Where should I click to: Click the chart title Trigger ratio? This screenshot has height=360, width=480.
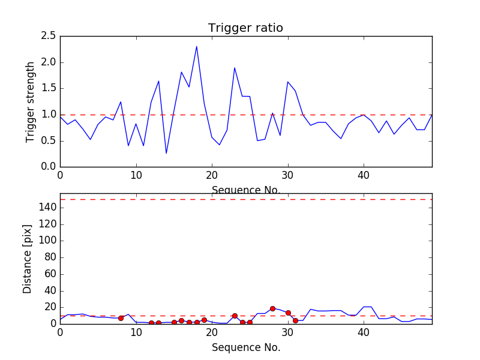click(x=245, y=28)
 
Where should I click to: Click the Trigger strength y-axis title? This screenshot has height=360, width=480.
click(x=31, y=101)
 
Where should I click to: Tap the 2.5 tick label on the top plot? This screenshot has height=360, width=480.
click(x=49, y=36)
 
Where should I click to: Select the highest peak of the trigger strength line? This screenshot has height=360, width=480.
click(x=196, y=46)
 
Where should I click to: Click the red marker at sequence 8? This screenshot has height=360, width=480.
click(x=121, y=318)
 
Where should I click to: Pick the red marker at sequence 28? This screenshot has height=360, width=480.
click(x=272, y=308)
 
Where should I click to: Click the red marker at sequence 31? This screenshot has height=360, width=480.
click(x=295, y=320)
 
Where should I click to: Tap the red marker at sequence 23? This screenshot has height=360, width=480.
click(x=235, y=316)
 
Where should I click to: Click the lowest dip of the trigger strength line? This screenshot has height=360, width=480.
click(x=166, y=153)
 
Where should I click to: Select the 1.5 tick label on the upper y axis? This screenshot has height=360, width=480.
click(x=49, y=88)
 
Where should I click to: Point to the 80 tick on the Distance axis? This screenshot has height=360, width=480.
click(x=50, y=257)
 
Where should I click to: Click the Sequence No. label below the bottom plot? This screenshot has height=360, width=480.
click(x=245, y=347)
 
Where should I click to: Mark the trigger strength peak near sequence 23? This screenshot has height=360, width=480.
click(x=235, y=68)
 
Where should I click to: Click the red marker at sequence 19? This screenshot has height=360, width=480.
click(x=204, y=320)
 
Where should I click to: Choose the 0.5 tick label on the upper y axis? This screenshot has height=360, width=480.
click(x=49, y=140)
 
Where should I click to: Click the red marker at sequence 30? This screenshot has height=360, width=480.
click(x=288, y=313)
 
